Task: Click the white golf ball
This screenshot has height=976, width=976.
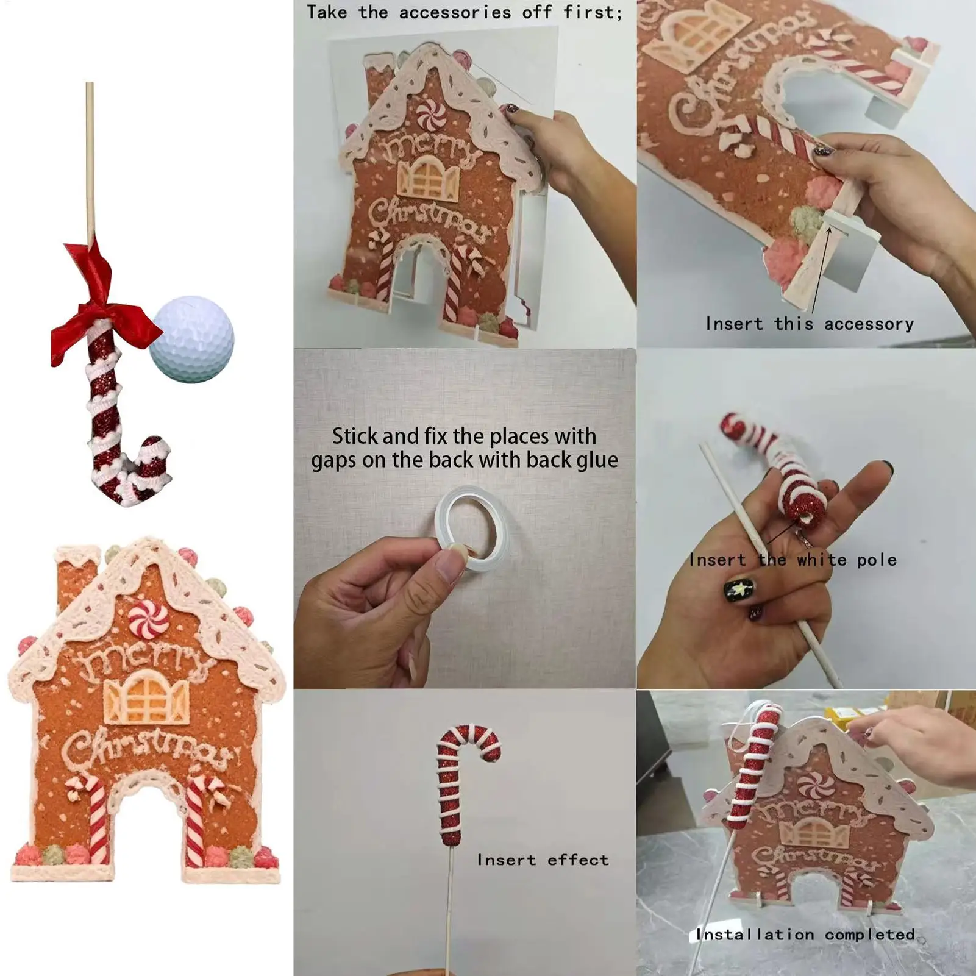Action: pyautogui.click(x=192, y=339)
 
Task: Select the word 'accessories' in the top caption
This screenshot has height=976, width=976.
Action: pyautogui.click(x=455, y=12)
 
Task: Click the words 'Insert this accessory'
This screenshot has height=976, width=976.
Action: pyautogui.click(x=809, y=324)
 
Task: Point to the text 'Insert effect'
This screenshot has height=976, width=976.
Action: pyautogui.click(x=543, y=860)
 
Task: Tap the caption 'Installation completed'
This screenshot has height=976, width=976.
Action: pyautogui.click(x=805, y=935)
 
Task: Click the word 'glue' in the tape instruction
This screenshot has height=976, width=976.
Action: pyautogui.click(x=594, y=460)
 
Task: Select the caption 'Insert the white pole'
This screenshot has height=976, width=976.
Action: pyautogui.click(x=793, y=560)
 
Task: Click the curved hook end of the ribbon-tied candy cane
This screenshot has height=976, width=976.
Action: pyautogui.click(x=152, y=460)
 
